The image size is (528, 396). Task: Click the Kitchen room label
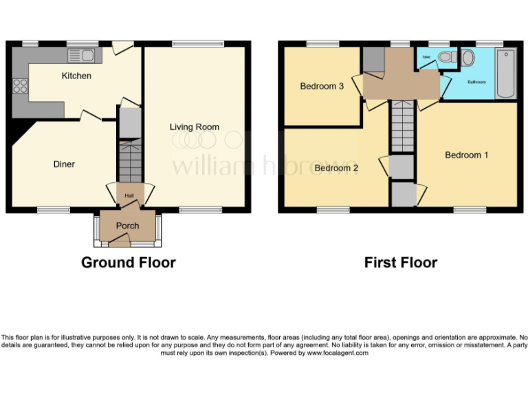pyautogui.click(x=76, y=76)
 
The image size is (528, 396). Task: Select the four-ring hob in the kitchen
pyautogui.click(x=19, y=87)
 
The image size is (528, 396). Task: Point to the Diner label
pyautogui.click(x=64, y=164)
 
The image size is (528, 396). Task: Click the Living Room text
pyautogui.click(x=195, y=126)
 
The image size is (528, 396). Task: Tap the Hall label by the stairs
pyautogui.click(x=129, y=196)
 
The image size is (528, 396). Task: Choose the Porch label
pyautogui.click(x=127, y=225)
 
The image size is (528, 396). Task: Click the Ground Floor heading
pyautogui.click(x=129, y=263)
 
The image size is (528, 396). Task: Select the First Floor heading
pyautogui.click(x=401, y=263)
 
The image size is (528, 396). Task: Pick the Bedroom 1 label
pyautogui.click(x=466, y=155)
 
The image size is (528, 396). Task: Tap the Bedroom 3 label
pyautogui.click(x=321, y=86)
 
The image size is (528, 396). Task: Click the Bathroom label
pyautogui.click(x=476, y=82)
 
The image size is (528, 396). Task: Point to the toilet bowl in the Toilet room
pyautogui.click(x=445, y=57)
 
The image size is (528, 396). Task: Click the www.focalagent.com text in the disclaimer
pyautogui.click(x=338, y=353)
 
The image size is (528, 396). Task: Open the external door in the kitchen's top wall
pyautogui.click(x=122, y=47)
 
